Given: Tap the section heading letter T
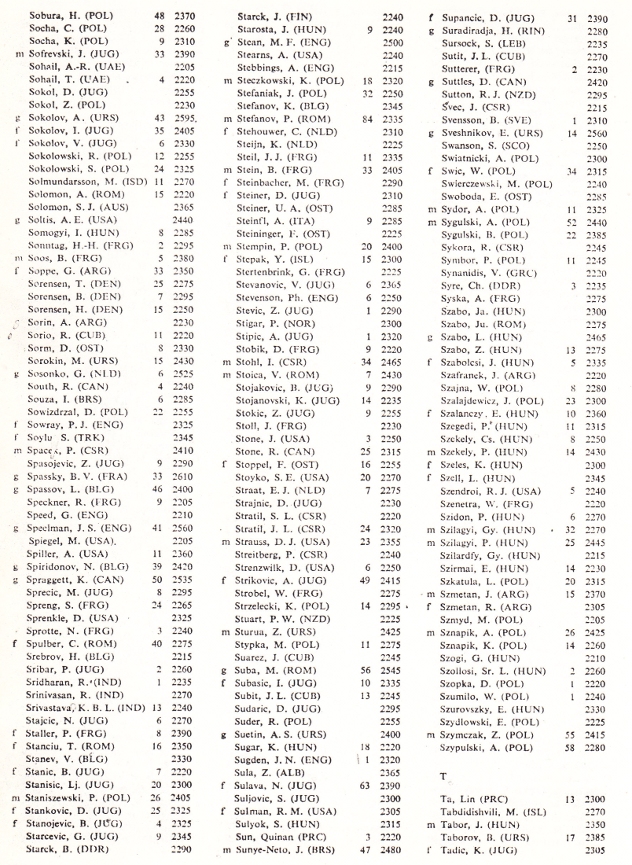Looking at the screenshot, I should pos(443,775).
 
